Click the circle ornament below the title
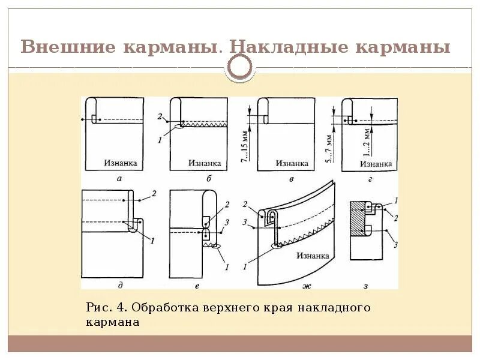[x=241, y=68]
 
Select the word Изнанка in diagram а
[x=120, y=163]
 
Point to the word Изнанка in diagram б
[x=205, y=163]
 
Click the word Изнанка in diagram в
[x=292, y=163]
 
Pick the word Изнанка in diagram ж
[x=312, y=256]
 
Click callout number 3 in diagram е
[x=226, y=221]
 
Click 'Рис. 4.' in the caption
[x=106, y=308]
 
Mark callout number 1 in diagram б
[x=160, y=140]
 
